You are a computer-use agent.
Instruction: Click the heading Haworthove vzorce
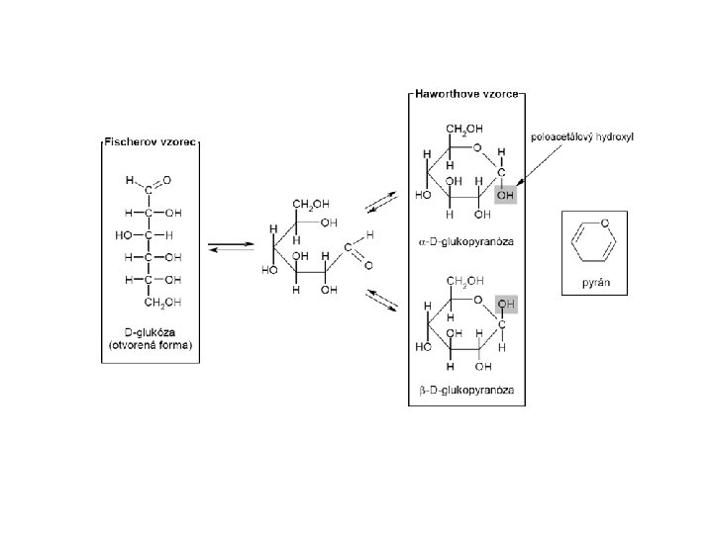[x=467, y=96]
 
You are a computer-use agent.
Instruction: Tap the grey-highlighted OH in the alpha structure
[x=506, y=196]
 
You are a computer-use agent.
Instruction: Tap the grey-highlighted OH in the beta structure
[x=506, y=303]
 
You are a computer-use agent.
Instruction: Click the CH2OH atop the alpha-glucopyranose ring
[x=464, y=130]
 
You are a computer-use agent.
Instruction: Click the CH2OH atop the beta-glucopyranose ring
[x=464, y=283]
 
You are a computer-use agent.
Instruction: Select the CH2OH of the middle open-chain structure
[x=311, y=205]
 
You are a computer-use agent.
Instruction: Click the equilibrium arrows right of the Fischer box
[x=229, y=245]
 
